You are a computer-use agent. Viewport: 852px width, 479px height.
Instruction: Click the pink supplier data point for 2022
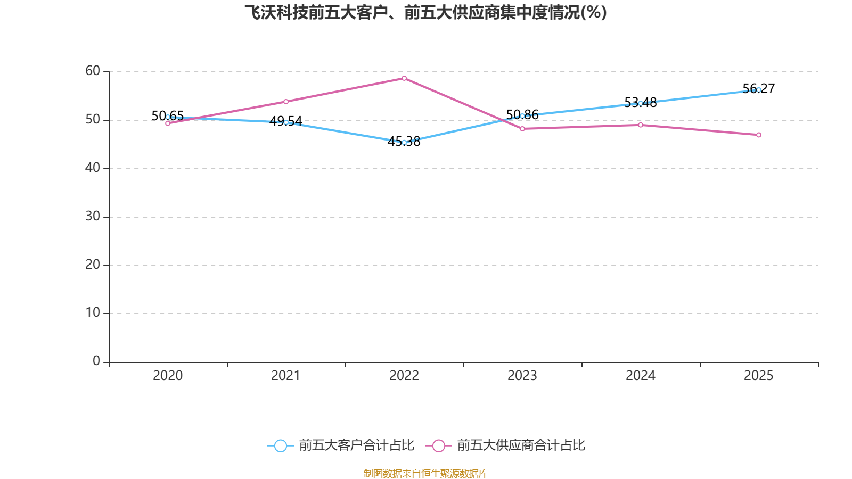[404, 78]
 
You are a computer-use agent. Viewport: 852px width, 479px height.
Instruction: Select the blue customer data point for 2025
[759, 90]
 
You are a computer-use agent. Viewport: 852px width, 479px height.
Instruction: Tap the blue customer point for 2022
[404, 143]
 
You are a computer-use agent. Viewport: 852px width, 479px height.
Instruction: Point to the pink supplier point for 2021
[286, 102]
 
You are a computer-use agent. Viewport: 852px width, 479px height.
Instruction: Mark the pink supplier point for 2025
[759, 135]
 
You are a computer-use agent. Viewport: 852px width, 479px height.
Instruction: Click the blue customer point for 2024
[641, 103]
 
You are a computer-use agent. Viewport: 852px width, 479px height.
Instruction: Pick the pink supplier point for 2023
[522, 129]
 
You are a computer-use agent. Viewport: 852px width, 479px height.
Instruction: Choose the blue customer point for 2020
[168, 117]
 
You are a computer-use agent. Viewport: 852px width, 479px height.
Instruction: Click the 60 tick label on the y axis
[93, 71]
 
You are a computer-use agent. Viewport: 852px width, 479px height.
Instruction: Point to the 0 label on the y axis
[96, 361]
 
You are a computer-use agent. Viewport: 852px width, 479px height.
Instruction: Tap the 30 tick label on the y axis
[93, 216]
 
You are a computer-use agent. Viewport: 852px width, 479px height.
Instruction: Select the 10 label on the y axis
[93, 312]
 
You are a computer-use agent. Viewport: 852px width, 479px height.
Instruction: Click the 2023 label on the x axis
[522, 376]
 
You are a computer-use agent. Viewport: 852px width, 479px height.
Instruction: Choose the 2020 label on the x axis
[168, 376]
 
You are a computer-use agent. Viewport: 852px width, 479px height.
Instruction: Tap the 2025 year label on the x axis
[759, 376]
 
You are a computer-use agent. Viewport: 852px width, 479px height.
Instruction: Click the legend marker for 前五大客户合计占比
[280, 445]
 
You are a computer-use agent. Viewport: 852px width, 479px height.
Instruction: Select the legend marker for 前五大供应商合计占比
[439, 445]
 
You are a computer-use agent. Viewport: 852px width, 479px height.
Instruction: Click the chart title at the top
[425, 12]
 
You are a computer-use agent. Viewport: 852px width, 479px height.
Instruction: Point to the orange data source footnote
[425, 473]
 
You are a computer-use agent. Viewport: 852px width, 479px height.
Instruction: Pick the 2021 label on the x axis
[286, 376]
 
